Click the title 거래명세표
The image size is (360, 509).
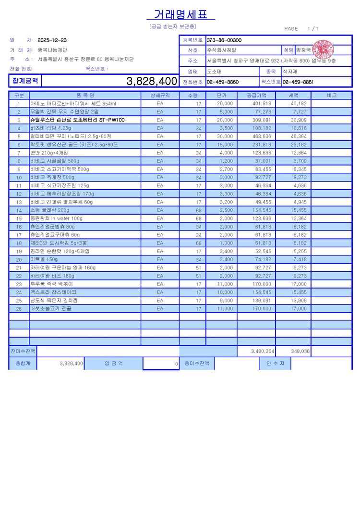point(184,14)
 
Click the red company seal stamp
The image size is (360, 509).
point(323,49)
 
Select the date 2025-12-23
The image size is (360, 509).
point(52,40)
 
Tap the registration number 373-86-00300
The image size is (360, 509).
point(224,40)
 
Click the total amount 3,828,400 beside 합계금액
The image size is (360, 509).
point(152,81)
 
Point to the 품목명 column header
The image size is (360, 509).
point(85,95)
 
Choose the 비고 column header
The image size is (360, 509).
point(332,95)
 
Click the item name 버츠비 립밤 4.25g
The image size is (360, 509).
point(50,128)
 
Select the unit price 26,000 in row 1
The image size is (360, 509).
point(225,103)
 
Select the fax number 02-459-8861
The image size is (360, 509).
point(298,82)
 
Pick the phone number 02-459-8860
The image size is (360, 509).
point(223,82)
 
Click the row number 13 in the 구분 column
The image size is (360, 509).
point(19,202)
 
